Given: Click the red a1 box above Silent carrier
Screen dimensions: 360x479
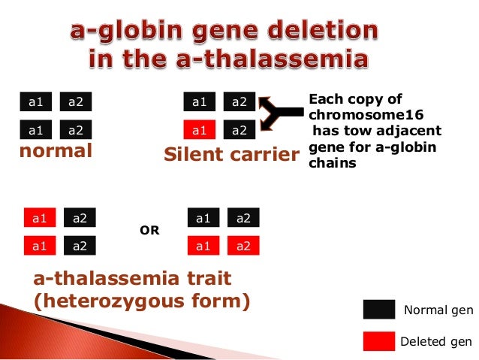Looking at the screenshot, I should point(199,131).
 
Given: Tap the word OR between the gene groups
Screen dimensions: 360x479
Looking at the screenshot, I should point(150,231).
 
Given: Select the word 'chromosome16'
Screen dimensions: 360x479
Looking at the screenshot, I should point(356,114).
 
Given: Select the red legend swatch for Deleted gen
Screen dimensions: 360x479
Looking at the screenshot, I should point(378,341).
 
